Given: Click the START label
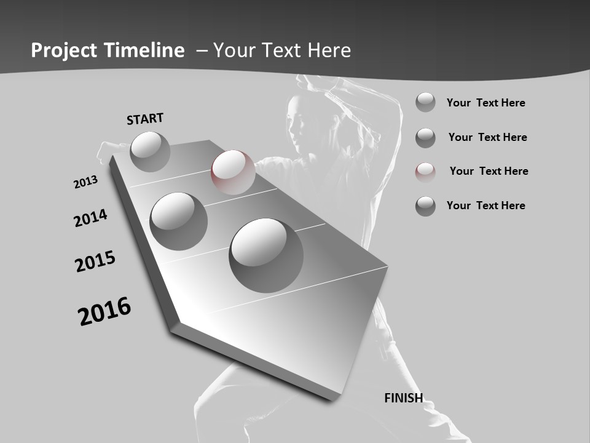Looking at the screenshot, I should tap(145, 118).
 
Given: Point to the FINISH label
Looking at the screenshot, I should tap(403, 398).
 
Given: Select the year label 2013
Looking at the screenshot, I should tap(85, 182).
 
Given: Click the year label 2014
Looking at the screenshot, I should tap(90, 218).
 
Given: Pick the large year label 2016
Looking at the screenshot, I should tap(104, 311).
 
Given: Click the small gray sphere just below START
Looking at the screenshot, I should tap(150, 151).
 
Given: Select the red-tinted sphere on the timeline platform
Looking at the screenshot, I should tap(233, 172).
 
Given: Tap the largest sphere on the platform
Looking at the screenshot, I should tap(266, 255).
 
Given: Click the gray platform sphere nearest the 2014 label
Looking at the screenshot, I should tap(178, 221).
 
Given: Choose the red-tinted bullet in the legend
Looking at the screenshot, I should tap(425, 172).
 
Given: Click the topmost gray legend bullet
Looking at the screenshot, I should tap(425, 102).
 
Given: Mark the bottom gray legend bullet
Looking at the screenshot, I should tap(425, 206).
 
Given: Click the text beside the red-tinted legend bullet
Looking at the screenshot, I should tap(489, 171).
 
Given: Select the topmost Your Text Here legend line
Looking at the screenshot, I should tap(486, 103).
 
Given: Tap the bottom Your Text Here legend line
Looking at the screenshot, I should tap(486, 206).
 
